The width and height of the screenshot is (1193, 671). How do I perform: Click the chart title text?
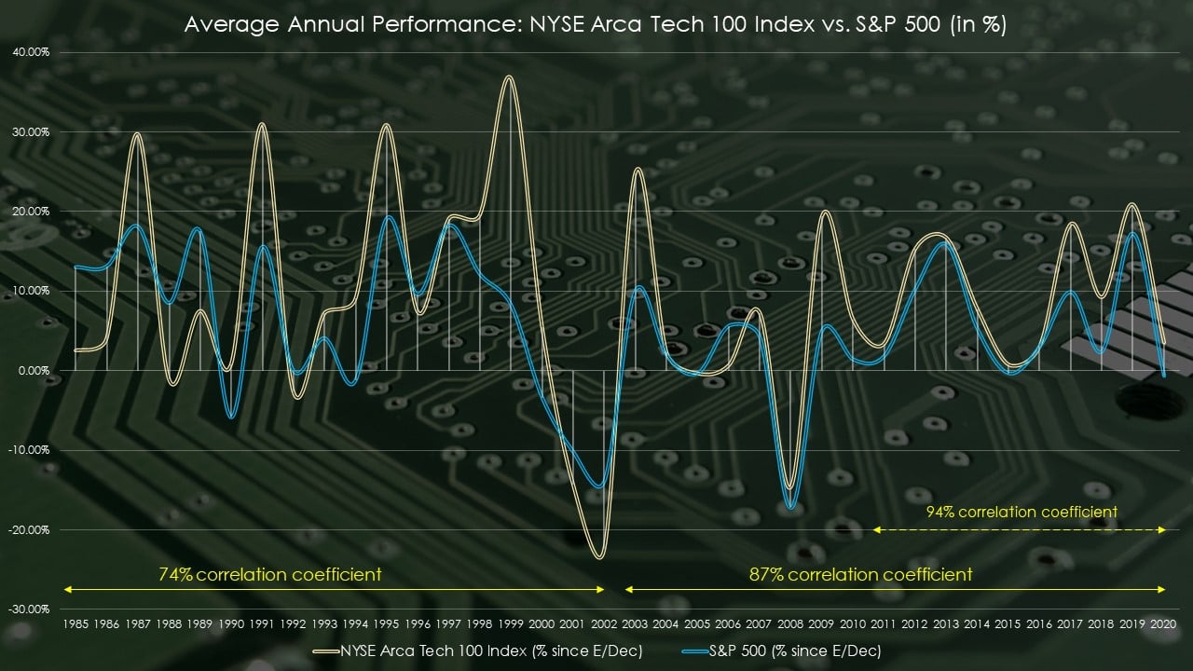[x=595, y=25]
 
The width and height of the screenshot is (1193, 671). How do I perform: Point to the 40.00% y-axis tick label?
[x=31, y=52]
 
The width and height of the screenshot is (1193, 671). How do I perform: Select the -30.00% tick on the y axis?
[x=31, y=609]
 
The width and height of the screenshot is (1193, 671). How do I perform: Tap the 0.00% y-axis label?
[x=34, y=370]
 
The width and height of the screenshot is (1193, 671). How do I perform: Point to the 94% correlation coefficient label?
[x=1022, y=512]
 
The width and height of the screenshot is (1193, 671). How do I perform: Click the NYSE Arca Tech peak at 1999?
[x=508, y=77]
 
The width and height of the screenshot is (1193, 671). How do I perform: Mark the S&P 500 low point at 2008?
[x=791, y=508]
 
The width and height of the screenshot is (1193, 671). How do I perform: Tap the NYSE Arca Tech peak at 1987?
[x=137, y=134]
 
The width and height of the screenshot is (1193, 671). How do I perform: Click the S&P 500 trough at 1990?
[x=231, y=416]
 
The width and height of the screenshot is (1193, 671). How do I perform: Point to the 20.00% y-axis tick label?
[x=31, y=211]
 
